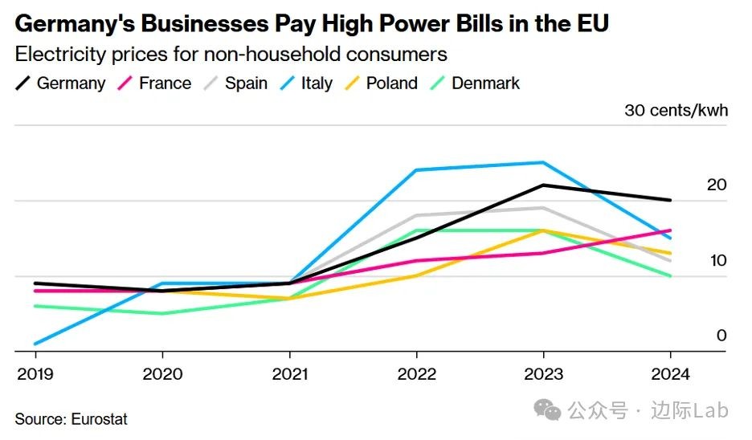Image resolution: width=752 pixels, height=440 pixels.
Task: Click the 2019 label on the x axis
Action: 36,374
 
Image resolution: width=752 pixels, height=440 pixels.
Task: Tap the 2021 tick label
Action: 290,374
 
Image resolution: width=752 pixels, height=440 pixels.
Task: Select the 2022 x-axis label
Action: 417,374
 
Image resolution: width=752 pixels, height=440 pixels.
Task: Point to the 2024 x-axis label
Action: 671,374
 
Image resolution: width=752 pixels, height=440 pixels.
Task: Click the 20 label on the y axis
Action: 717,185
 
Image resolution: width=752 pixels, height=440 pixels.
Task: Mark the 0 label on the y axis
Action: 721,336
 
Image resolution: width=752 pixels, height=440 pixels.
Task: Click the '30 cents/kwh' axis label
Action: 676,110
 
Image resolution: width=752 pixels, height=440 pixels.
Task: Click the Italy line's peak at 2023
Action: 544,162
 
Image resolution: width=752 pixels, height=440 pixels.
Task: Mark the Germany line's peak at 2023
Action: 544,185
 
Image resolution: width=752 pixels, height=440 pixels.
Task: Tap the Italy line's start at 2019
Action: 36,344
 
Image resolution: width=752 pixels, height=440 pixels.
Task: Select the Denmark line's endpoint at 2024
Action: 671,275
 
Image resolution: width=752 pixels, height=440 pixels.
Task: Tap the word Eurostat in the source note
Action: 99,419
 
